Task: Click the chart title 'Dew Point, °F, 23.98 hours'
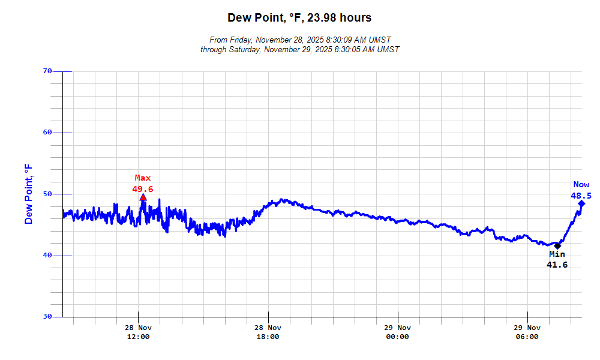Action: click(x=299, y=18)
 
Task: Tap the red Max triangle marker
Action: click(x=143, y=197)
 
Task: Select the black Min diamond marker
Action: click(x=557, y=245)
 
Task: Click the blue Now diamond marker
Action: click(x=581, y=203)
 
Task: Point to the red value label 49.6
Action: click(x=143, y=189)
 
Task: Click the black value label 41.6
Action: click(x=557, y=265)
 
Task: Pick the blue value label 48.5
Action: click(x=581, y=196)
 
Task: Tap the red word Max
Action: click(x=143, y=178)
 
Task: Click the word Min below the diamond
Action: click(x=557, y=254)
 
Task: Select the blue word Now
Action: click(x=581, y=185)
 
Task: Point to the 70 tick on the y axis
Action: click(x=48, y=71)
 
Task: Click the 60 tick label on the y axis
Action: click(x=48, y=133)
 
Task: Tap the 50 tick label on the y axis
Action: click(x=48, y=194)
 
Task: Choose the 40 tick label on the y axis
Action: click(x=48, y=256)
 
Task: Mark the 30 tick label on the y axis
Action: click(x=48, y=317)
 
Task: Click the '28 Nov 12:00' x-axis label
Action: click(x=138, y=332)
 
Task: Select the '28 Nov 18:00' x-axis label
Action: click(x=268, y=332)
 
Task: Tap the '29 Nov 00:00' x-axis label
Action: click(x=397, y=332)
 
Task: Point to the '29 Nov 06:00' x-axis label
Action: click(x=527, y=332)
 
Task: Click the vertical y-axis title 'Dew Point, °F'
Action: click(x=29, y=194)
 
